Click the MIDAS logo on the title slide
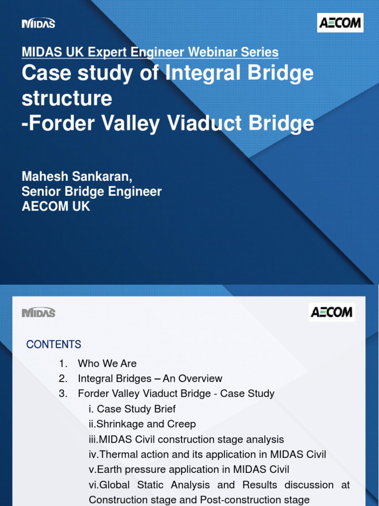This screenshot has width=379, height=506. pos(38,23)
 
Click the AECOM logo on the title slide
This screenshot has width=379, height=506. pos(340,23)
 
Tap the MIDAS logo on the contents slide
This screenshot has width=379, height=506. pos(38,312)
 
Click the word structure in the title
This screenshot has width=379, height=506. pos(67,98)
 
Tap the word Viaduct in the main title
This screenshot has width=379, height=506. pos(204,123)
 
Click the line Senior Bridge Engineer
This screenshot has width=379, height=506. pos(92,192)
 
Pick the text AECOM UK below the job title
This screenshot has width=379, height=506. pos(56,207)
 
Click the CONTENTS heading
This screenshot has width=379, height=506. pos(54,344)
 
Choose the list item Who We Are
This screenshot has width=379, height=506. pos(107,364)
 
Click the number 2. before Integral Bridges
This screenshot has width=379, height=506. pos(63,379)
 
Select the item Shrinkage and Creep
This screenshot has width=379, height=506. pos(146,424)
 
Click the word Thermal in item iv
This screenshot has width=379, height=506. pos(117,455)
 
